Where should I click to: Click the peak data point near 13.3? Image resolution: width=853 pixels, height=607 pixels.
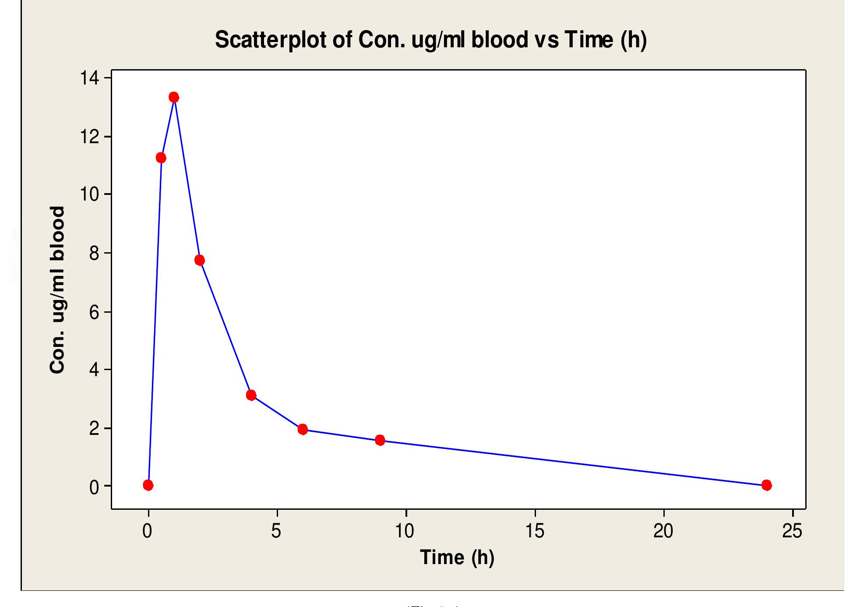[x=174, y=97]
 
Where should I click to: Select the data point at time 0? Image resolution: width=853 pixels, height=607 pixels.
[x=148, y=485]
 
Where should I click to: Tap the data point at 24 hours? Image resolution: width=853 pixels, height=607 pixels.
[x=766, y=485]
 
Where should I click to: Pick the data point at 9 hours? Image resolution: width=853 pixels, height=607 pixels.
[x=380, y=440]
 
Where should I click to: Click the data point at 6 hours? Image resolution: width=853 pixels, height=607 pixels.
[x=303, y=429]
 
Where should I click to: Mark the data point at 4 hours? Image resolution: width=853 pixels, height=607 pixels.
[x=251, y=395]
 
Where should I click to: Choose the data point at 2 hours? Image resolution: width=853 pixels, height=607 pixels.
[x=200, y=260]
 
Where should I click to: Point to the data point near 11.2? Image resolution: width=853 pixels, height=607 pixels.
[x=161, y=158]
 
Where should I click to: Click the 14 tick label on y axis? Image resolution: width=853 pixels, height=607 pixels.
[x=89, y=78]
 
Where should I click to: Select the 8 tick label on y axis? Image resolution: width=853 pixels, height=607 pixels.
[x=94, y=254]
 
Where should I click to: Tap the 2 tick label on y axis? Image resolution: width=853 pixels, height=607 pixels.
[x=94, y=429]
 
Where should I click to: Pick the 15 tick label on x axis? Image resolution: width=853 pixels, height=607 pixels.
[x=534, y=531]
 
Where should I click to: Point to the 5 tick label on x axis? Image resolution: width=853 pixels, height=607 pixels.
[x=276, y=531]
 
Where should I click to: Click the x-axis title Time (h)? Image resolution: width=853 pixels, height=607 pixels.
[x=457, y=558]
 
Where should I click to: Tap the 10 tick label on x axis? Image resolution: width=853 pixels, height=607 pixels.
[x=405, y=531]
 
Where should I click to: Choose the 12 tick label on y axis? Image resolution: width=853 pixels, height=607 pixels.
[x=89, y=137]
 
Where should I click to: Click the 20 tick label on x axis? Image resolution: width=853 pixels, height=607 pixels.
[x=663, y=531]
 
